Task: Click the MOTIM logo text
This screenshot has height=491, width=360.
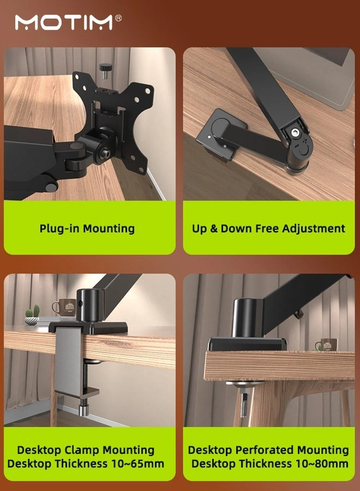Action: pos(64,22)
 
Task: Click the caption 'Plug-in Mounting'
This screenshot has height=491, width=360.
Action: pos(87,228)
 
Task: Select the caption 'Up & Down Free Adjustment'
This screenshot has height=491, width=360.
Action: pos(268,228)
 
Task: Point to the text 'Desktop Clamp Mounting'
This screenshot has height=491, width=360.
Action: pos(86,450)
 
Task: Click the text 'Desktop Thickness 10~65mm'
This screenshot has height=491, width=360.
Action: pos(86,464)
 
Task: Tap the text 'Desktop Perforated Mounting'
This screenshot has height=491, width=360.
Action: pos(268,450)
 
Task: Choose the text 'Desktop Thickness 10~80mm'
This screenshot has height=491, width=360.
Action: pos(269,464)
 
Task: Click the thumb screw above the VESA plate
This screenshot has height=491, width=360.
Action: pos(104,70)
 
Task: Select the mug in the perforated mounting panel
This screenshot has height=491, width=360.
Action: pos(326,345)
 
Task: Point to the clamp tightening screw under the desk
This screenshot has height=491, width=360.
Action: pos(83,406)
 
